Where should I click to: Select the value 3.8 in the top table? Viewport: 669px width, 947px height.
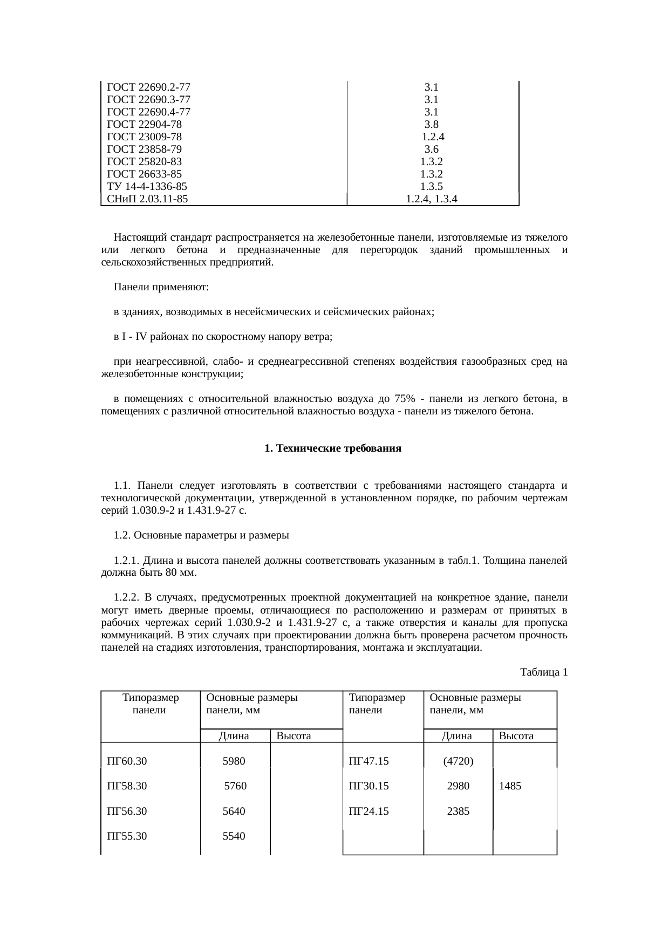coord(431,125)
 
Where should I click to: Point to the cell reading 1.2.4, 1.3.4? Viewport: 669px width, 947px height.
coord(432,199)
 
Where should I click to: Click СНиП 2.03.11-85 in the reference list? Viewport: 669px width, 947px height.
coord(147,199)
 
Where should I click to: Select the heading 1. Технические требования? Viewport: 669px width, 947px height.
coord(333,448)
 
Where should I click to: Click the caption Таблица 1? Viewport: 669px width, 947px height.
coord(543,672)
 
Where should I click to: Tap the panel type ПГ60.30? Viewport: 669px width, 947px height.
coord(127,761)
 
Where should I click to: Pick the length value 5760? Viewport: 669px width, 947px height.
coord(235,786)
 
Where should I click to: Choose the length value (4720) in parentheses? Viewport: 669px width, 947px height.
coord(458,761)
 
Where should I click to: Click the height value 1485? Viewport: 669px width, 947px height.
coord(510,786)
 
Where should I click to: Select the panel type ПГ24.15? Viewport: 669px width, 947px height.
coord(368,811)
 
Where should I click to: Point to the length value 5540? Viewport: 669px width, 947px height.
coord(234,836)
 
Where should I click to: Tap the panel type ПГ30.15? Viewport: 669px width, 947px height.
coord(368,786)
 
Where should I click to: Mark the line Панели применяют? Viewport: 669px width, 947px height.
coord(161,287)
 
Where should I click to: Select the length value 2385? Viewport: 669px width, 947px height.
coord(458,811)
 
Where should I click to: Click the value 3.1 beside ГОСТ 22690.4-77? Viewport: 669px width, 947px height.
coord(431,112)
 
